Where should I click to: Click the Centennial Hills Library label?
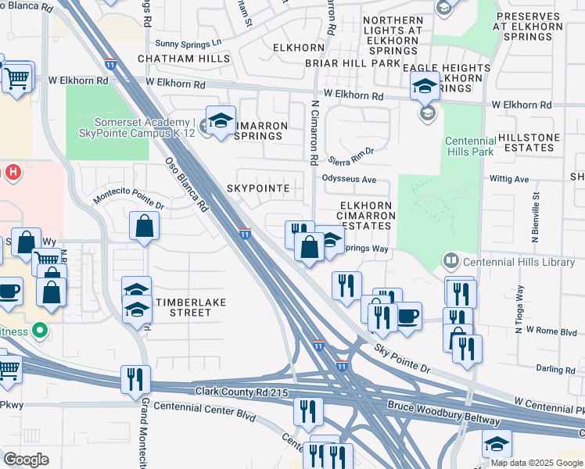click(x=519, y=262)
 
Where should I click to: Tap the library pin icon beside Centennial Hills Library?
click(x=451, y=260)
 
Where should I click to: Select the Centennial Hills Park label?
click(x=469, y=146)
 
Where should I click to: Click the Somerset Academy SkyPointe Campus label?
click(x=145, y=127)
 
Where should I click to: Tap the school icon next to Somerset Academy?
click(x=221, y=122)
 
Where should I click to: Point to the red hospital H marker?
click(x=13, y=171)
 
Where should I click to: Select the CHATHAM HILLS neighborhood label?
click(x=174, y=59)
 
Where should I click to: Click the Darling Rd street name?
click(x=555, y=368)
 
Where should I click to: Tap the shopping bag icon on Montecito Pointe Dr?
click(x=145, y=227)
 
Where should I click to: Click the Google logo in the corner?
click(x=27, y=460)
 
